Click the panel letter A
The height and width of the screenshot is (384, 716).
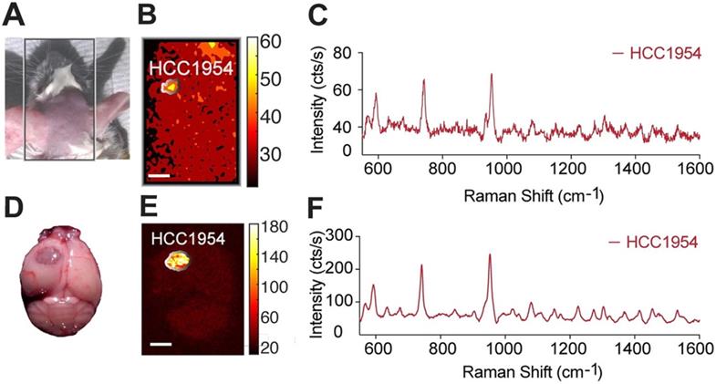[14, 16]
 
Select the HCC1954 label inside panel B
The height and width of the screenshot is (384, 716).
[185, 67]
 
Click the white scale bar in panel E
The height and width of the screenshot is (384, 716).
[161, 344]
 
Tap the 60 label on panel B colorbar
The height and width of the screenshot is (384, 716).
[259, 42]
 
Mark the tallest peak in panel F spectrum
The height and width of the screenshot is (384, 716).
[490, 256]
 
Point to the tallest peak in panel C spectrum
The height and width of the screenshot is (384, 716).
[491, 76]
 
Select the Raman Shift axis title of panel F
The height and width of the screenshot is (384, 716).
[529, 373]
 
